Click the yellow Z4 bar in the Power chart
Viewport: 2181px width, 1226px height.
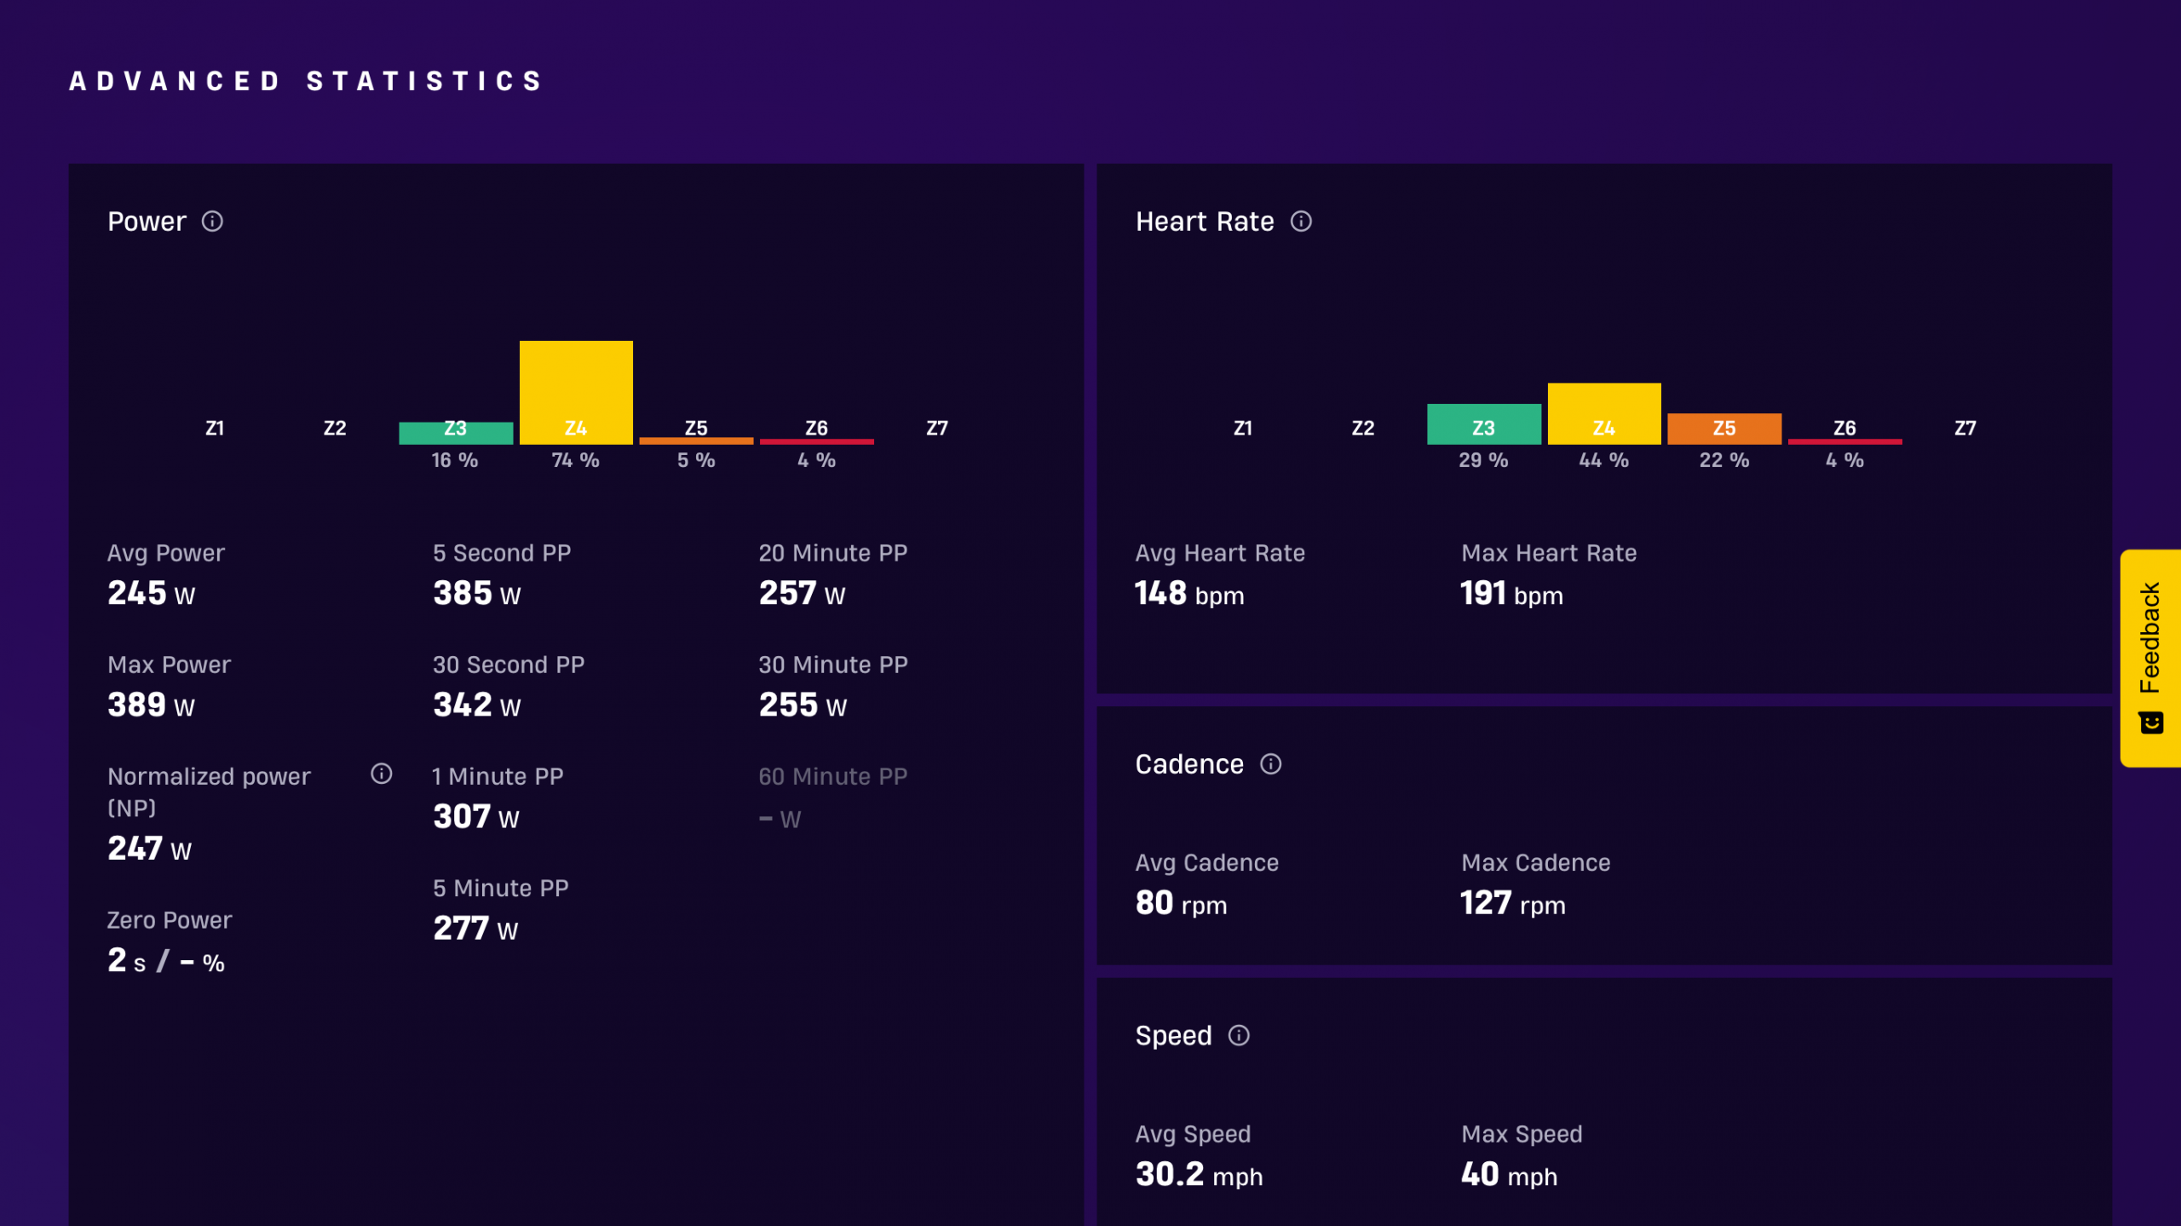[x=576, y=392]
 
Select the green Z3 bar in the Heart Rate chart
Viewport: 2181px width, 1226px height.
[x=1483, y=423]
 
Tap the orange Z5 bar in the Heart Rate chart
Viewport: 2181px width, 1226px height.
[x=1724, y=429]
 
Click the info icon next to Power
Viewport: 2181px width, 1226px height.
[x=212, y=222]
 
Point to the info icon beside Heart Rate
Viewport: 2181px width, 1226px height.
[x=1301, y=222]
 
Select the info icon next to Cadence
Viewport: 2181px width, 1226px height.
[x=1270, y=764]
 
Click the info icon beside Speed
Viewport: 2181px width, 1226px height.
[x=1239, y=1035]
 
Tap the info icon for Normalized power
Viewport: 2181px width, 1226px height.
[x=382, y=774]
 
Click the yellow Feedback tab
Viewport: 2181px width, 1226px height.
[x=2150, y=658]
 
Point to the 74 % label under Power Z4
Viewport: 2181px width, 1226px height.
[x=575, y=460]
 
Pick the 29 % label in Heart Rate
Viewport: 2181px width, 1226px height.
[x=1483, y=460]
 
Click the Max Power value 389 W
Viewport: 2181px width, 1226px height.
[x=152, y=705]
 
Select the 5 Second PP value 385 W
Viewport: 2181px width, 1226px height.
[x=477, y=594]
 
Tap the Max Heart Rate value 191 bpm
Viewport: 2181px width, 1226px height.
[x=1512, y=594]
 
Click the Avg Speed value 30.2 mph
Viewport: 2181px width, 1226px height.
[x=1199, y=1175]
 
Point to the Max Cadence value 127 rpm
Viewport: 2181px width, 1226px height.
[x=1513, y=903]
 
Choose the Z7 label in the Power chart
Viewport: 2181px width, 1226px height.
[x=937, y=428]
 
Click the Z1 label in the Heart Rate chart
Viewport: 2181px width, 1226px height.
[x=1243, y=428]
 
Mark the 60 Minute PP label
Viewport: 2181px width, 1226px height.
[x=833, y=776]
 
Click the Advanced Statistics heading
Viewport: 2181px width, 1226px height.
[x=306, y=81]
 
